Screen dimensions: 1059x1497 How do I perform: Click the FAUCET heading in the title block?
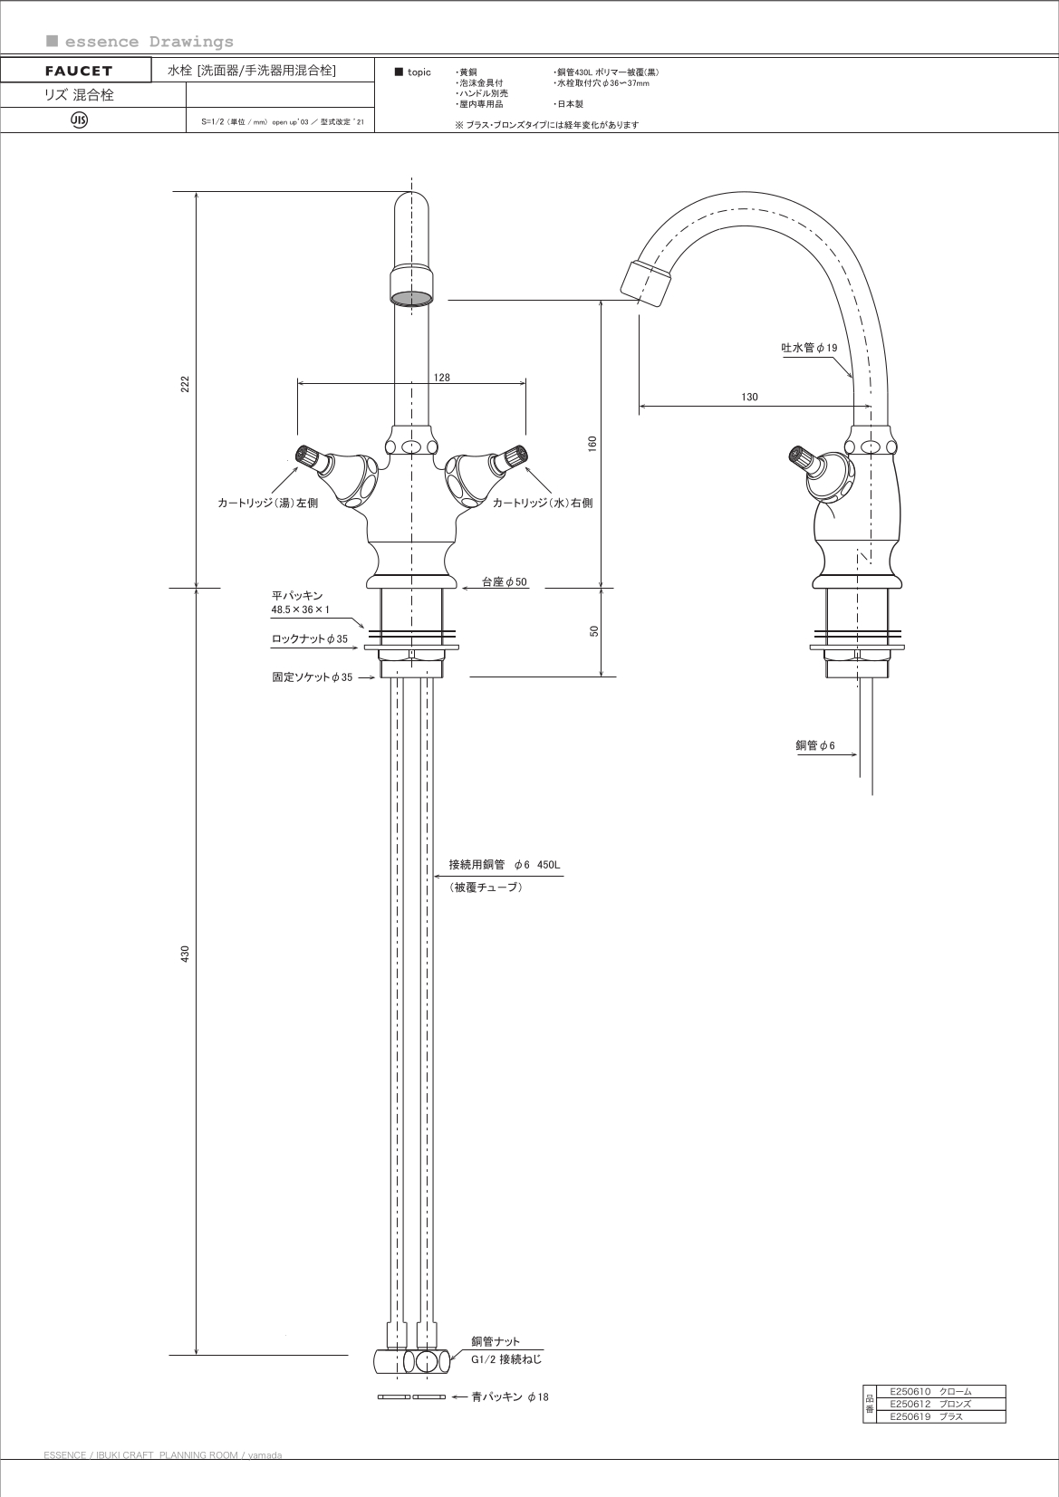pyautogui.click(x=79, y=71)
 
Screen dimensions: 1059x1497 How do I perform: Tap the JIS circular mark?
pyautogui.click(x=79, y=120)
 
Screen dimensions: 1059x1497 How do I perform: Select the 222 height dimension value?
pyautogui.click(x=185, y=384)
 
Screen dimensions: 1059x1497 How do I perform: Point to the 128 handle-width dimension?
pyautogui.click(x=441, y=378)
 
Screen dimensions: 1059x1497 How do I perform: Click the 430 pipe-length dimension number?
pyautogui.click(x=185, y=954)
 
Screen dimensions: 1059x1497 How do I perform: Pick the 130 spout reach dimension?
pyautogui.click(x=749, y=397)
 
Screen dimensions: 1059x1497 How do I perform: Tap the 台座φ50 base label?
pyautogui.click(x=504, y=582)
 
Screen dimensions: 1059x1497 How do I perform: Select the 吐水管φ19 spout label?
pyautogui.click(x=809, y=348)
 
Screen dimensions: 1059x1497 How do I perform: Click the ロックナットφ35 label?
pyautogui.click(x=310, y=638)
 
